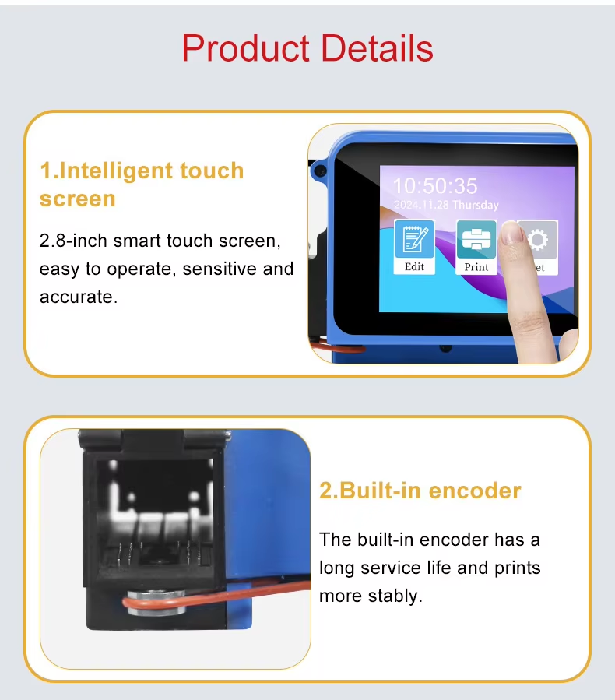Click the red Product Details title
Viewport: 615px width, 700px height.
307,48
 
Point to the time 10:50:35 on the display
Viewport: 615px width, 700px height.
435,186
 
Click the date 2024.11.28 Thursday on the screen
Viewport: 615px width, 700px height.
446,205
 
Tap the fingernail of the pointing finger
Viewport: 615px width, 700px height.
512,233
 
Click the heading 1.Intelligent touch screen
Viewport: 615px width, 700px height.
142,184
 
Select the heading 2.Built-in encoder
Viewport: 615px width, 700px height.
420,491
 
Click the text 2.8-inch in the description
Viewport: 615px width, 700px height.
73,241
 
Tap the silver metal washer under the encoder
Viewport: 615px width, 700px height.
156,603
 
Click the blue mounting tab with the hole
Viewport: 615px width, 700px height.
319,171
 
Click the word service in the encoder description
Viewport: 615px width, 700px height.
391,568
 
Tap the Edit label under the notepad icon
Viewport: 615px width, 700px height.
414,266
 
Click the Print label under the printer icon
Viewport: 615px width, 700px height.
476,267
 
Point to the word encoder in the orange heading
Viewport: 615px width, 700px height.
475,491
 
